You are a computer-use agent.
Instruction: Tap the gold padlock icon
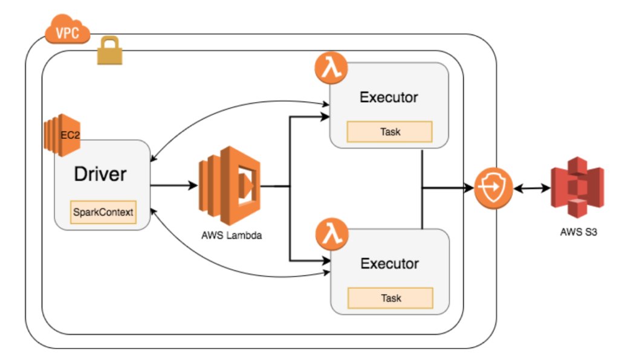tap(110, 51)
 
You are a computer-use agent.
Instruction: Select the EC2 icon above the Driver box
tap(62, 135)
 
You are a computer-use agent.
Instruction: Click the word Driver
tap(100, 174)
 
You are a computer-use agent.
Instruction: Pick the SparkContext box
tap(103, 212)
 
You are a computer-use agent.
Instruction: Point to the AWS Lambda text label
tap(232, 236)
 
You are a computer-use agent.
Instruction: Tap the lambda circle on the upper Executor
tap(331, 68)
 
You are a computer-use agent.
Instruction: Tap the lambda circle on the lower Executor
tap(332, 234)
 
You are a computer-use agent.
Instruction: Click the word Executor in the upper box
tap(389, 97)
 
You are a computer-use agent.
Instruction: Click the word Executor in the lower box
tap(390, 263)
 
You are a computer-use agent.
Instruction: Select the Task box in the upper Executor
tap(390, 132)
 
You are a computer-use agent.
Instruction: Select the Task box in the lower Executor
tap(391, 298)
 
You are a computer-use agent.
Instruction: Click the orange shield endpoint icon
tap(493, 188)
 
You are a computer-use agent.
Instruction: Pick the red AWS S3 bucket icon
tap(577, 187)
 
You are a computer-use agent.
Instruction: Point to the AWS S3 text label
tap(578, 232)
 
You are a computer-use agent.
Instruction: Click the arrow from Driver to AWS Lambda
tap(173, 185)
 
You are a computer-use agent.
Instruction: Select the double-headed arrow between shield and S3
tap(532, 189)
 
